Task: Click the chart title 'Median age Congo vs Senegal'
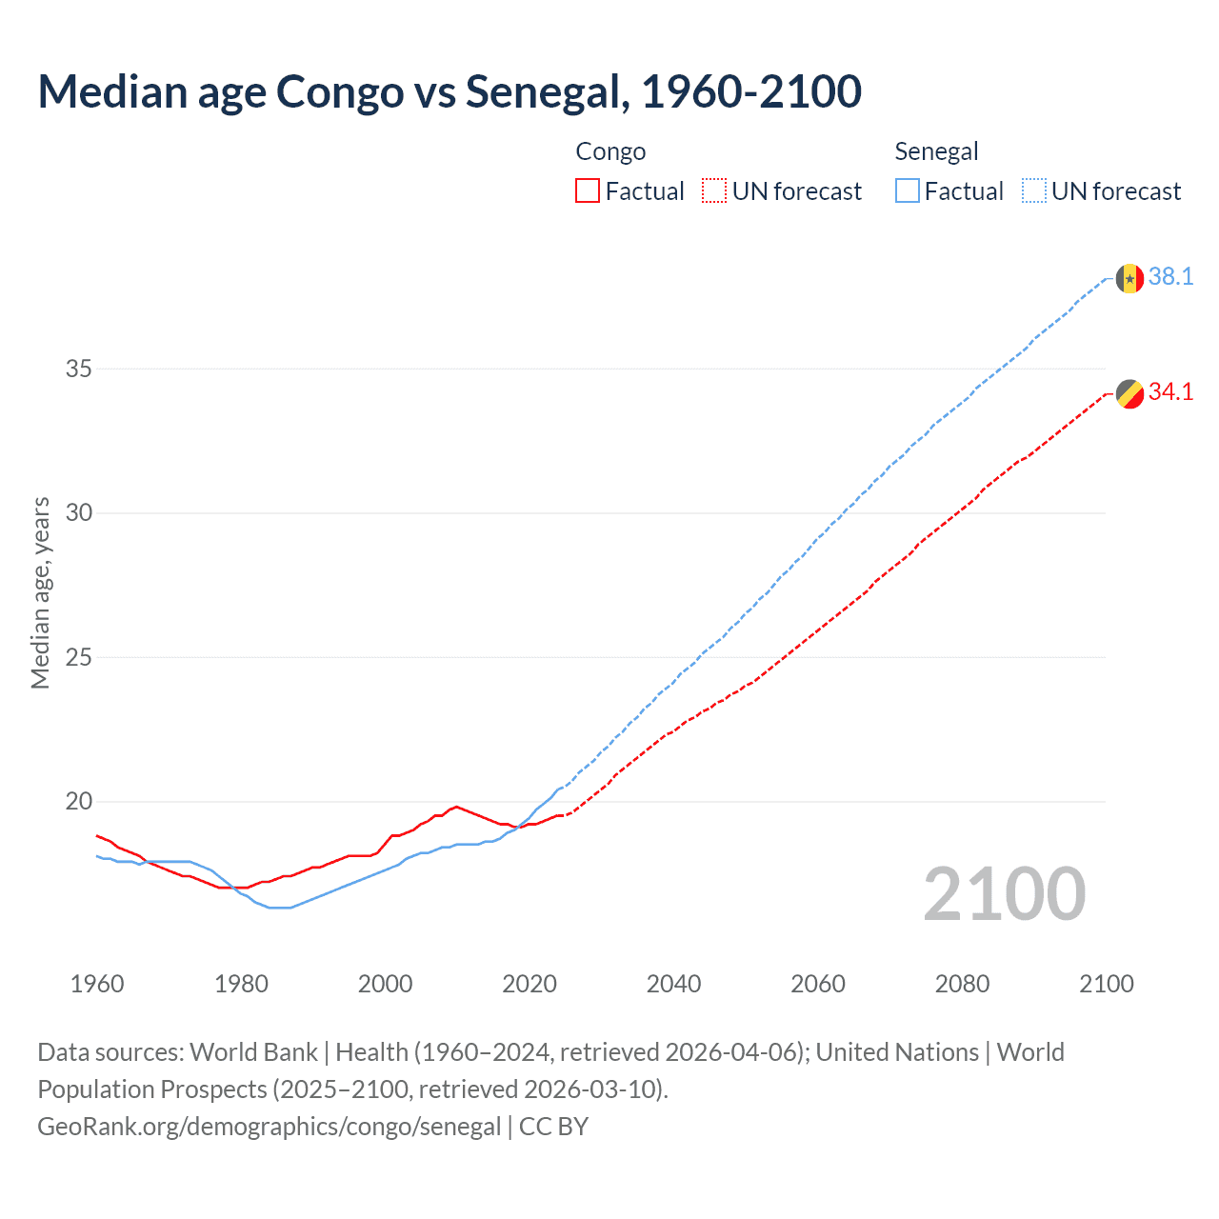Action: [450, 91]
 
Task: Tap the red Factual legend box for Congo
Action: [588, 191]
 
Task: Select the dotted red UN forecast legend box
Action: [714, 191]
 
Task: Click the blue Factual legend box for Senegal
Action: [908, 191]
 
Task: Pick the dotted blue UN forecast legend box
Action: [1034, 191]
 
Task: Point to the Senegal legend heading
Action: [936, 151]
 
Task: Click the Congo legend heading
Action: [610, 151]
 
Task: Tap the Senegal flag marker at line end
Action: [1129, 278]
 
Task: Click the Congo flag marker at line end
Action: [1129, 393]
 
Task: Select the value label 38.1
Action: [1170, 277]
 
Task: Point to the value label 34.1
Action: [1170, 392]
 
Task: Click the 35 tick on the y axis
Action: [78, 369]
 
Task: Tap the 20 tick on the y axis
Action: [78, 801]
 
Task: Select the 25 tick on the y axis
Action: [78, 657]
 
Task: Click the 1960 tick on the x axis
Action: [97, 984]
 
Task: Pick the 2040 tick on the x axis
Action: [673, 984]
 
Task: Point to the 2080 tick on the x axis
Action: [962, 984]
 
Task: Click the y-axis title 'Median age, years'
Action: [40, 592]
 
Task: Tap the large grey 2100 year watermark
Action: [1004, 893]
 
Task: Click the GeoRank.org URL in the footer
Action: [269, 1127]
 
